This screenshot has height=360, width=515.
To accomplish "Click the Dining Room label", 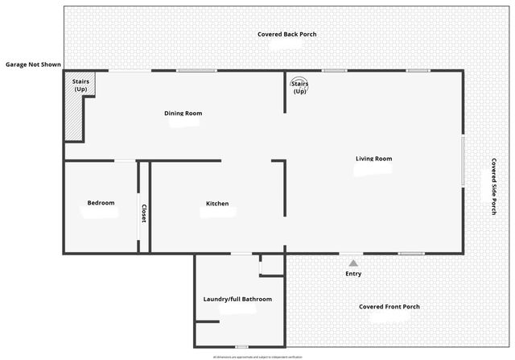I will point(183,114).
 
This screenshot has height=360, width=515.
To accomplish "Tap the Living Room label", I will point(373,159).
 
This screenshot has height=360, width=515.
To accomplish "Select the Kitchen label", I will point(217,204).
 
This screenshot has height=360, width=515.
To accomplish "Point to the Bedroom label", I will point(101,203).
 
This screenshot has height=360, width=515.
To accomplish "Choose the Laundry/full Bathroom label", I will point(237,299).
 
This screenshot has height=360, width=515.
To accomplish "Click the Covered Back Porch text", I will point(287,35).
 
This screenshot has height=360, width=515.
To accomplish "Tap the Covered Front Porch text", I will point(389,307).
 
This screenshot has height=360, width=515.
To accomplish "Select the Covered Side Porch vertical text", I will point(493,185).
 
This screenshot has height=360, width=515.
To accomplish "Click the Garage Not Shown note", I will point(33,64).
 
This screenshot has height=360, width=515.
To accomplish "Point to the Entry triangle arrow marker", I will point(352,262).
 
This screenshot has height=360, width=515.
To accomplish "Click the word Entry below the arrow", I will point(353,274).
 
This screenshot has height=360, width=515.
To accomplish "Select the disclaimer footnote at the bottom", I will point(257,356).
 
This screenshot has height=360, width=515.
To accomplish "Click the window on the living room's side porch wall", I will point(463,162).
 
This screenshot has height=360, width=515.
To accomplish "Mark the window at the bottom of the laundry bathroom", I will point(241,346).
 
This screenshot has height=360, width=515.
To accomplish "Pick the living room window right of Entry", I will point(411,254).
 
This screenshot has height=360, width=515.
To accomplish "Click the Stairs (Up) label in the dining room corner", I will point(80,85).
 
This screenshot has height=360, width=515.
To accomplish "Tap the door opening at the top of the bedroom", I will point(125,161).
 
